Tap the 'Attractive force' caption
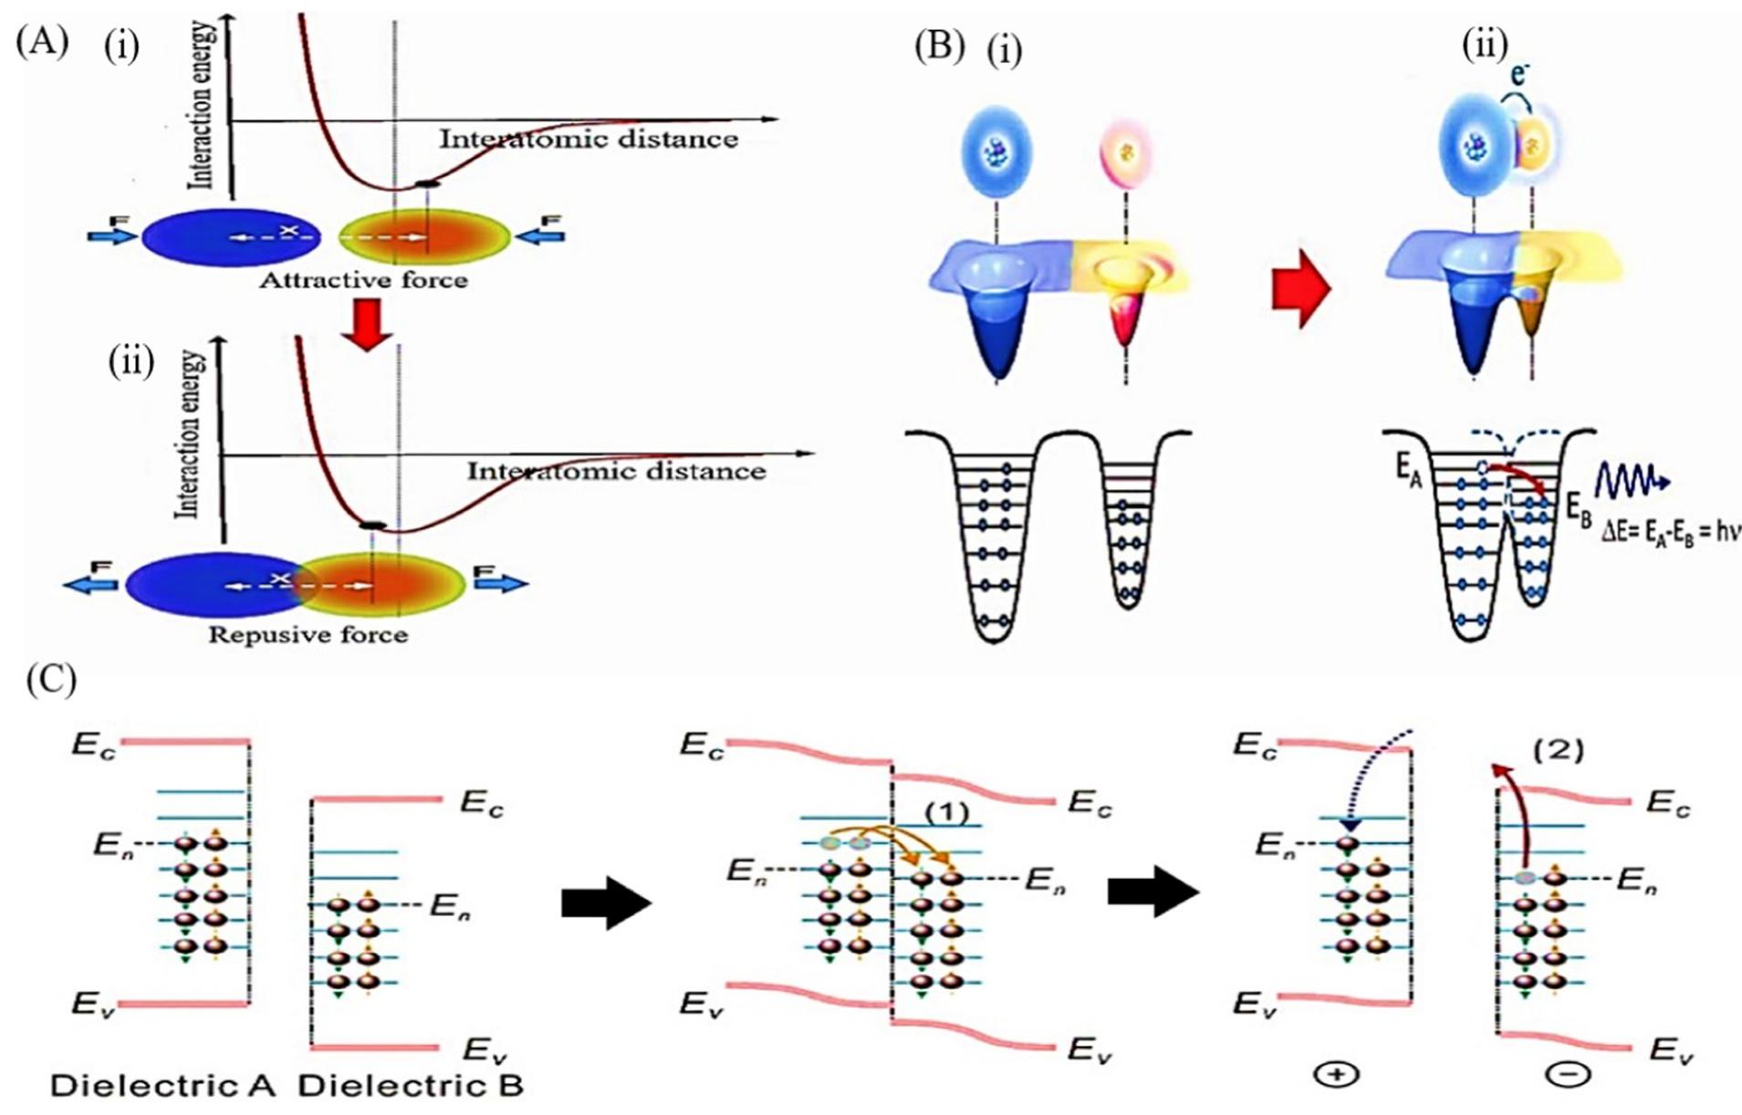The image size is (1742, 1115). pos(363,280)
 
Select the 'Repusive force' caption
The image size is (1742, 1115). pos(308,634)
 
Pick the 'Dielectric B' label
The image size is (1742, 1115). pos(411,1086)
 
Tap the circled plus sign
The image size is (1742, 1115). pos(1337,1075)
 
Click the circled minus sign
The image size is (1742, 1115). pos(1568,1075)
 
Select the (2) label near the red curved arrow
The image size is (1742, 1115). pos(1558,751)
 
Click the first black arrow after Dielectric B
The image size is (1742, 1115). pos(606,903)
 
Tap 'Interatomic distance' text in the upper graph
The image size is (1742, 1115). pos(589,140)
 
